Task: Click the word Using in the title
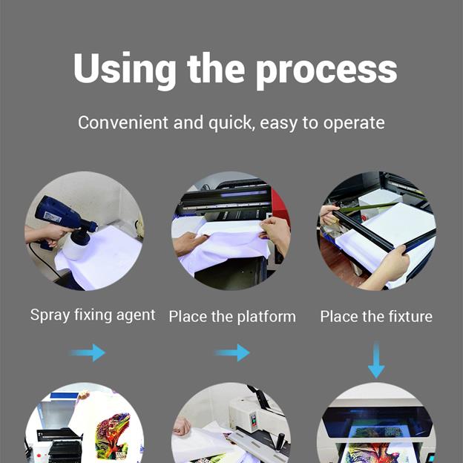click(125, 70)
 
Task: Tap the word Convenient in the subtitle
click(123, 122)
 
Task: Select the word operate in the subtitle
click(354, 123)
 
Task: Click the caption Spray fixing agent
click(93, 315)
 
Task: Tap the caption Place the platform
click(232, 317)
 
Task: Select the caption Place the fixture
click(376, 317)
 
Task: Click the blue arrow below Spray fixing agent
click(88, 352)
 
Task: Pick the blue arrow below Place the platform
click(232, 352)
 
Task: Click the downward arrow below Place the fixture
click(376, 360)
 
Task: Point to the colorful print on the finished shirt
click(113, 436)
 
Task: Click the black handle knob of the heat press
click(280, 442)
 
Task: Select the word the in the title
click(216, 68)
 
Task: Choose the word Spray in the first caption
click(50, 316)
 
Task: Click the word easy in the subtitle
click(278, 124)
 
